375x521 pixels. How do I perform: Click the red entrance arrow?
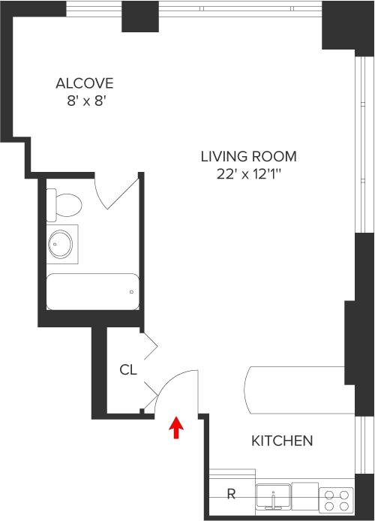(176, 428)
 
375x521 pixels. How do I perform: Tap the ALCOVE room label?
(85, 83)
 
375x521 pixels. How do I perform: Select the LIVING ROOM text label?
(248, 156)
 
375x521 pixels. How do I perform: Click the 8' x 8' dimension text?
(86, 101)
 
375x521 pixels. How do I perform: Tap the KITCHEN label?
(282, 441)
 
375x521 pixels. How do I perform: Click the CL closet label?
(128, 369)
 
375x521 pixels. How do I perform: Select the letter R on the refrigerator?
(231, 494)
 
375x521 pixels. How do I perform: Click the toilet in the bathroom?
(64, 205)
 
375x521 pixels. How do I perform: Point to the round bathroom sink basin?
(60, 244)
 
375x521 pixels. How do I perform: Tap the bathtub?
(92, 292)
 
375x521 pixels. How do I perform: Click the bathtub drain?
(132, 292)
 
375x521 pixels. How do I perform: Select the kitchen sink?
(274, 497)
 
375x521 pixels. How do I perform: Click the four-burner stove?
(336, 501)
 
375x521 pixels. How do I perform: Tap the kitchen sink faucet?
(274, 499)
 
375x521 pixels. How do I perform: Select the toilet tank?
(51, 205)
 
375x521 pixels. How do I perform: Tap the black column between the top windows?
(140, 17)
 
